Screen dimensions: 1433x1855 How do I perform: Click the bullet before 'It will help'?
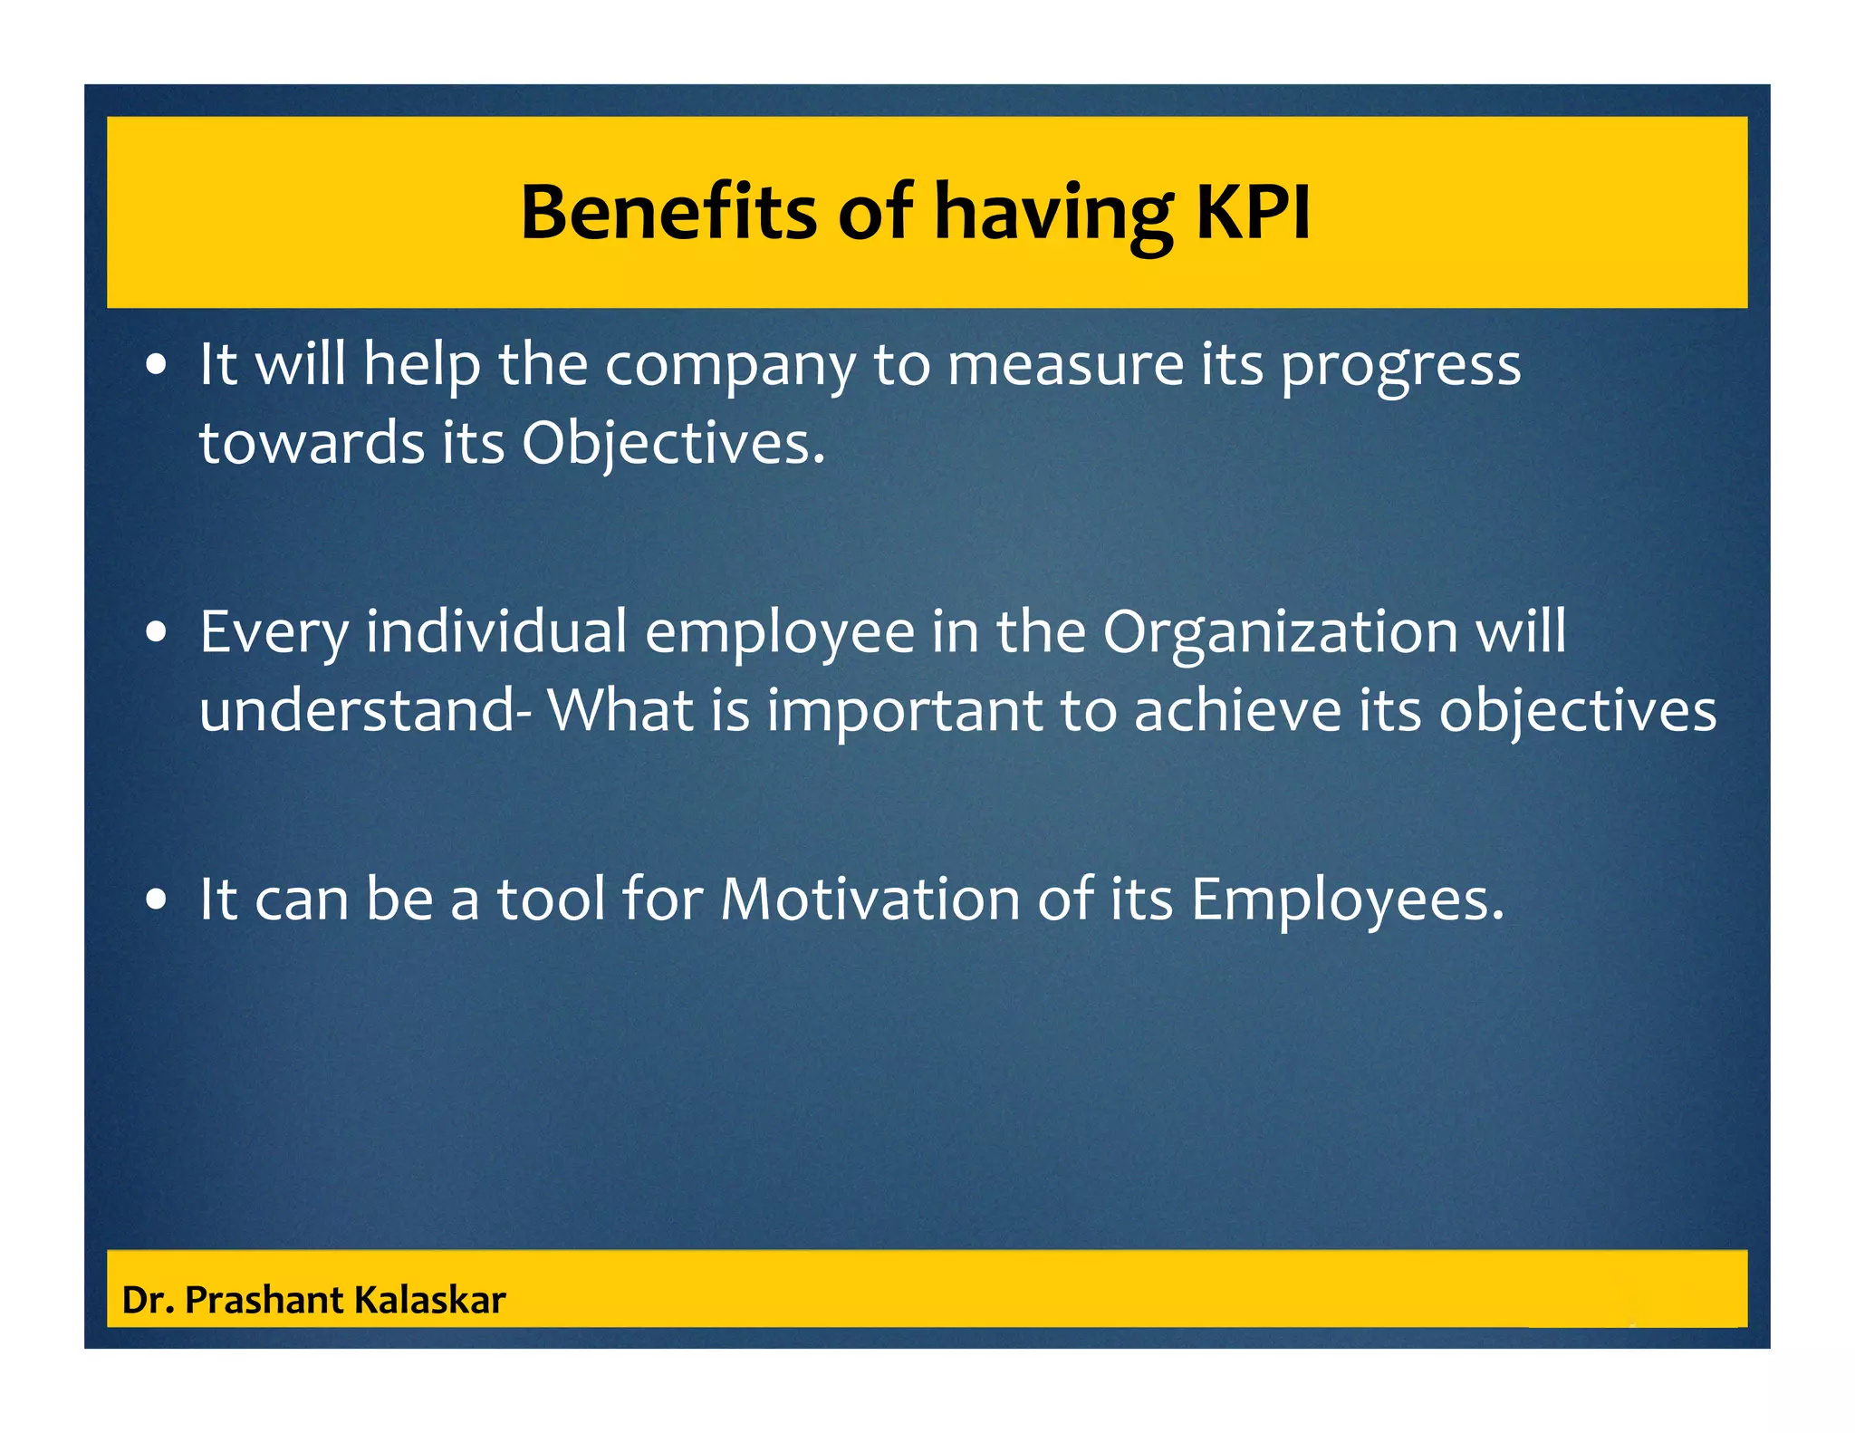coord(158,366)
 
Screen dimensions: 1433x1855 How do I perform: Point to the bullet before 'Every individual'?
coord(158,633)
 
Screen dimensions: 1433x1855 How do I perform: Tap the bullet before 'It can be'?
coord(158,900)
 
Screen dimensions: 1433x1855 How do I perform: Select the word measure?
coord(1064,366)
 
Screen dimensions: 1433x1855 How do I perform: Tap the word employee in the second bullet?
coord(779,634)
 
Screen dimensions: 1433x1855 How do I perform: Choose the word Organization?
coord(1280,634)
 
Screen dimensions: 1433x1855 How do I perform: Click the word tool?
coord(551,899)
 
